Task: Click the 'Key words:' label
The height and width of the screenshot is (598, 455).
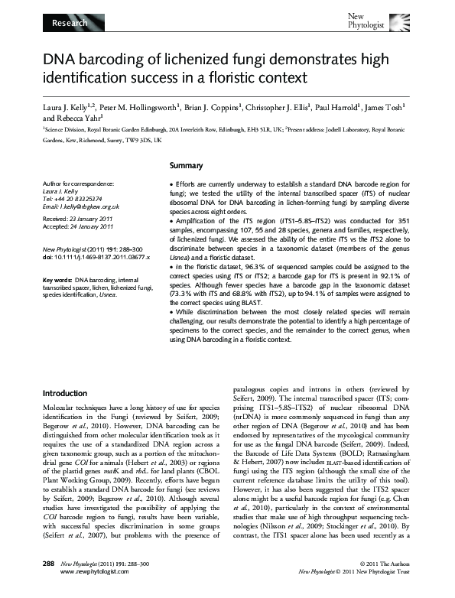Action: click(57, 281)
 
